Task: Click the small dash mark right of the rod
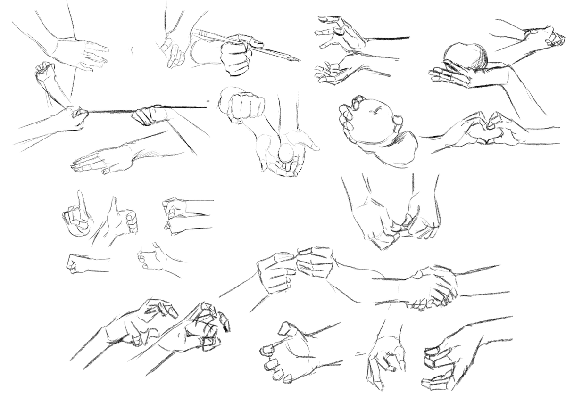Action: click(x=208, y=101)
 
